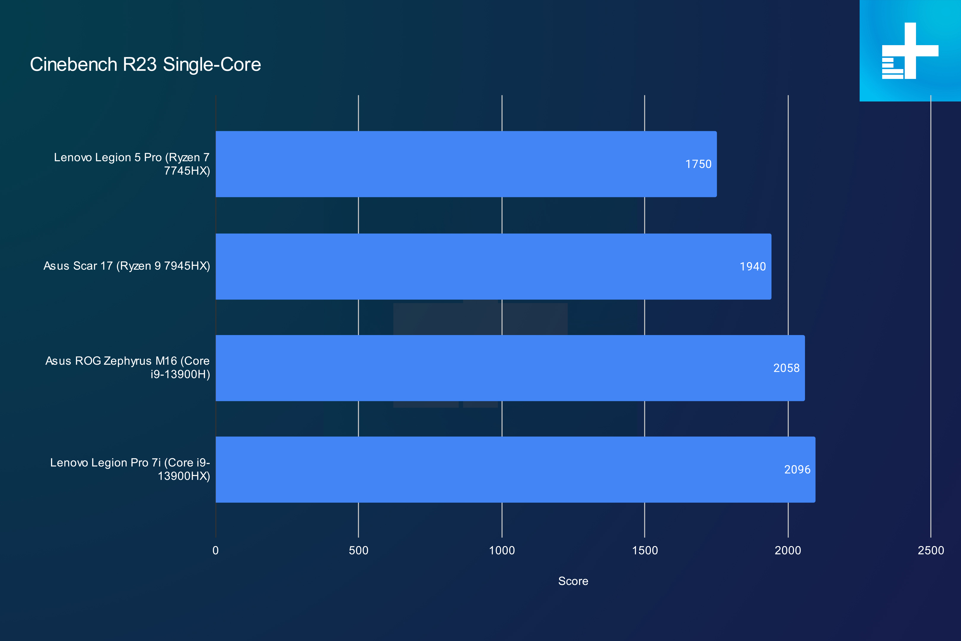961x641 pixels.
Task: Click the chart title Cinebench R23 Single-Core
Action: [145, 65]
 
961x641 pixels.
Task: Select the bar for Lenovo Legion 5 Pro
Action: [466, 164]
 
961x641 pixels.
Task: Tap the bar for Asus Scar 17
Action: [494, 266]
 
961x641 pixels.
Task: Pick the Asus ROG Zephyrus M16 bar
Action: [510, 368]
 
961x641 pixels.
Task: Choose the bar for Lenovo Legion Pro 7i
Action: [515, 469]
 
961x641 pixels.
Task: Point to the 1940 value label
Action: [752, 266]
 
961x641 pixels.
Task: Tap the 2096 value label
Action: [797, 469]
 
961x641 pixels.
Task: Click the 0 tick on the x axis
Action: [216, 550]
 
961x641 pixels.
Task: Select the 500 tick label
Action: [359, 550]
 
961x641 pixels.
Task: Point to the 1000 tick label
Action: [502, 550]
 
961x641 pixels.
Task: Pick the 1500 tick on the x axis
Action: [645, 550]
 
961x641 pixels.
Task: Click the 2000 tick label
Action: [788, 550]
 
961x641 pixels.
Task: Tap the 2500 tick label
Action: [931, 550]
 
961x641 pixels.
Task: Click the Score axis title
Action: [573, 581]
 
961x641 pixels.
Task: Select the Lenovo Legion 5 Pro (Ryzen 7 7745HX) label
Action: [132, 164]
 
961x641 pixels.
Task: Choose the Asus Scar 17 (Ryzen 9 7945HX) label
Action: [127, 266]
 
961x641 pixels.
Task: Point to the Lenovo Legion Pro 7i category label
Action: [130, 469]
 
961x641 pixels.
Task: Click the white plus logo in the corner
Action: [910, 51]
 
